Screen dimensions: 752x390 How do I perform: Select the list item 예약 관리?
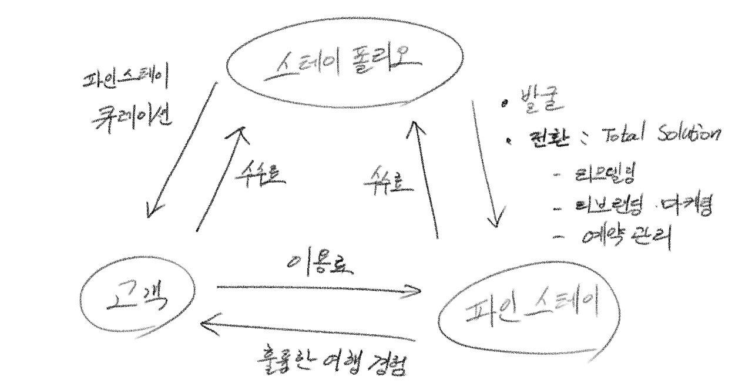(x=626, y=236)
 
